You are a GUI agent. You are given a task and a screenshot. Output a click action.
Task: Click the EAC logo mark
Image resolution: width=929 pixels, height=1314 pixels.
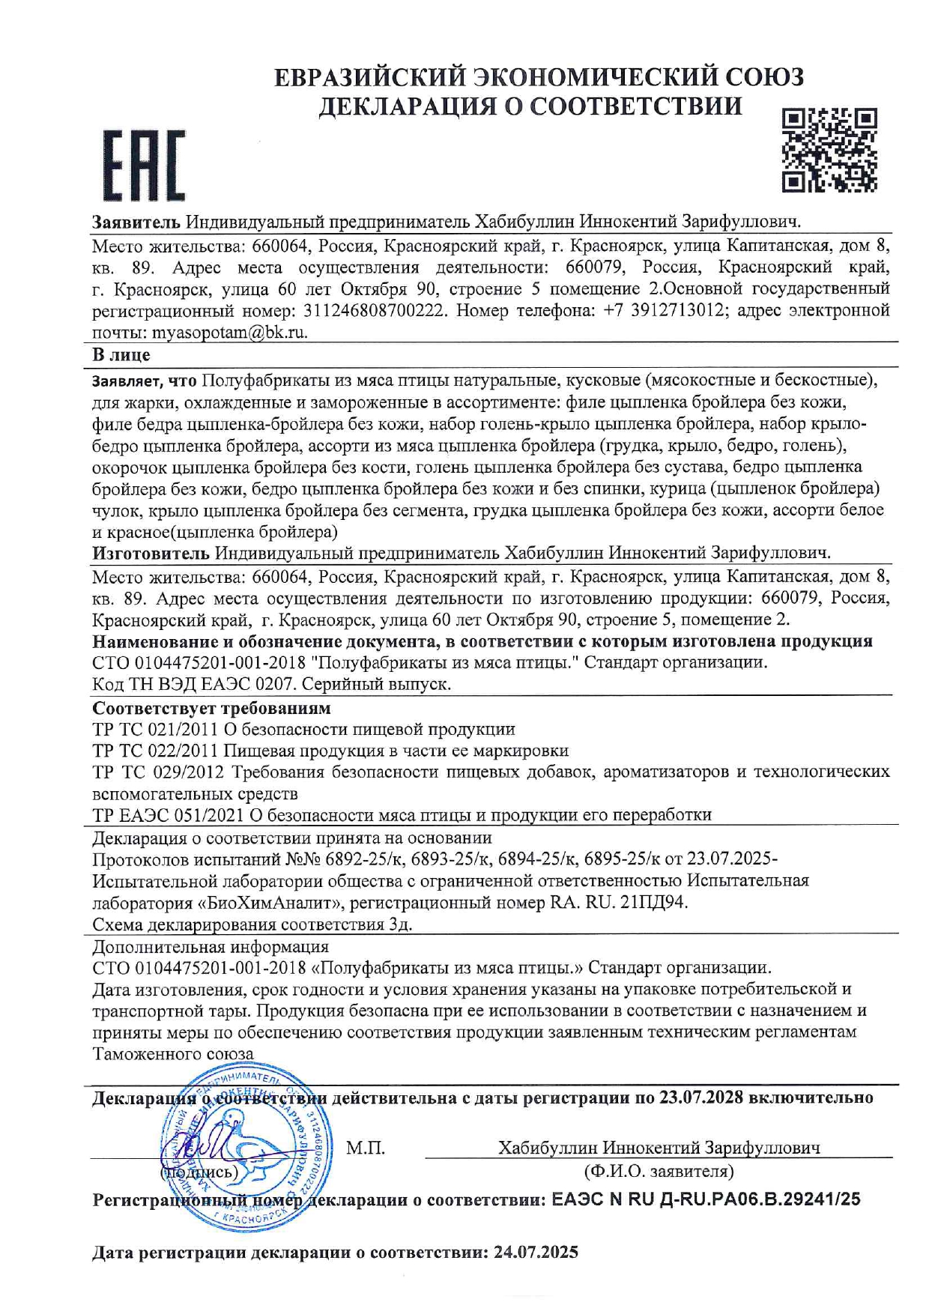pos(143,166)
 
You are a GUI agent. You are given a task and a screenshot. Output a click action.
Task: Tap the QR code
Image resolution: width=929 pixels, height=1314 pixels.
pos(829,150)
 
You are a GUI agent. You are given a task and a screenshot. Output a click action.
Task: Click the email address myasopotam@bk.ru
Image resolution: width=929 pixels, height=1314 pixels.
pos(230,333)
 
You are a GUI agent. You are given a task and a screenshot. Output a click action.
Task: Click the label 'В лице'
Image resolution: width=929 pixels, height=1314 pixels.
pos(121,354)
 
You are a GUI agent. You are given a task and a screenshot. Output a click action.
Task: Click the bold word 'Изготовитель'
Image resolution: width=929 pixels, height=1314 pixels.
pos(151,554)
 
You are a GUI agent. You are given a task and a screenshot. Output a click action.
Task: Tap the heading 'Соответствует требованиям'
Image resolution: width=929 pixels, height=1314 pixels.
pos(211,708)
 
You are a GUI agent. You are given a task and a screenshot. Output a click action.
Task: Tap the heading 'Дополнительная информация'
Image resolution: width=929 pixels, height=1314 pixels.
pos(211,947)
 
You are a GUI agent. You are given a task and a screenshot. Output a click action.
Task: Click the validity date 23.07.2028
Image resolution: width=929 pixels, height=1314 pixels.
pos(701,1098)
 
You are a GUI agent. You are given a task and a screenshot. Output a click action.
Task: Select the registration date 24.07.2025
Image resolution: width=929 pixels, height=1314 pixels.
pos(536,1252)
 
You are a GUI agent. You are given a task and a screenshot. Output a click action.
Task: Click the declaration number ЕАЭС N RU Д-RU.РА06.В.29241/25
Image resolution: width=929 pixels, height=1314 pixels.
pos(706,1199)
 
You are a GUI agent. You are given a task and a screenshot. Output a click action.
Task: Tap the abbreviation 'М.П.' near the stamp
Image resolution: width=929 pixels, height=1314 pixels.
pos(366,1148)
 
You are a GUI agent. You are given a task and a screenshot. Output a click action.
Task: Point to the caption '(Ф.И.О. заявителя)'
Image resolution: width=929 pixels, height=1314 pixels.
pos(659,1171)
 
